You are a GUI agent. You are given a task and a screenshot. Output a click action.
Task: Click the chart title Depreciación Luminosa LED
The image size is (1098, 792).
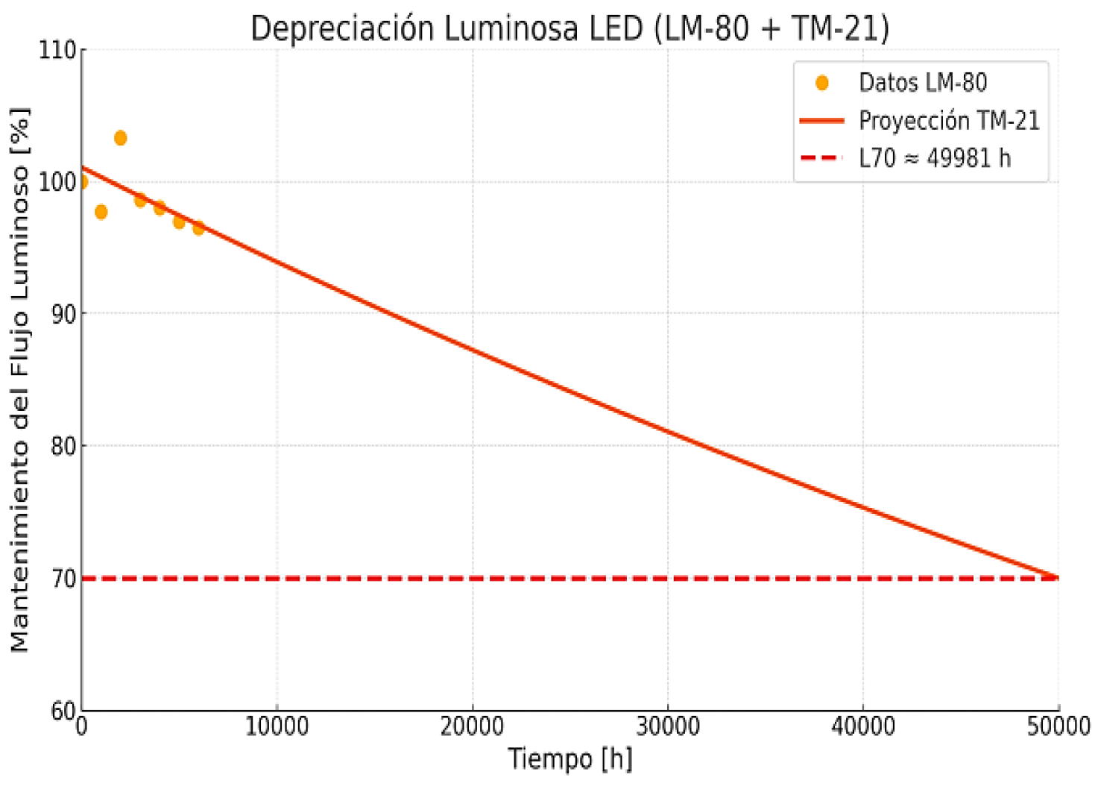coord(569,28)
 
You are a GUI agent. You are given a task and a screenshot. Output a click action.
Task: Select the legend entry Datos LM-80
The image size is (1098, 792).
coord(922,82)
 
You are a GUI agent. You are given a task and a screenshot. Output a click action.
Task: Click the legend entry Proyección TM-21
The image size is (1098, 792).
coord(948,120)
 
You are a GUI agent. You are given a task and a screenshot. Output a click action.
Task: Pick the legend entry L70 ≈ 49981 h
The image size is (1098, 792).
coord(934,158)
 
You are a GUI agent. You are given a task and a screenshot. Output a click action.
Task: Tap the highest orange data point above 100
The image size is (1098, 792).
coord(121,138)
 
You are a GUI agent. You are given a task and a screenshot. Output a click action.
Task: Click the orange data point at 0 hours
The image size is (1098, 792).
coord(82,182)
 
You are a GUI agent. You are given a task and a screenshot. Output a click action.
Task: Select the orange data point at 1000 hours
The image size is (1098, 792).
coord(101,213)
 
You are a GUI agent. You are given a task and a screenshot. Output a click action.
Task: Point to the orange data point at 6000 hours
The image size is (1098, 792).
coord(198,228)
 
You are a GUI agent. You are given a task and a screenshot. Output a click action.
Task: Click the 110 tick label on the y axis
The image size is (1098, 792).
coord(57,50)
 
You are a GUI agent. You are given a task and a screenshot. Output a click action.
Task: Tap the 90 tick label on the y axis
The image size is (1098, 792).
coord(63,314)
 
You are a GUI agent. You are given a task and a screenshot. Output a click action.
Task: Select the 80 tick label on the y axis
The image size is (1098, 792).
coord(63,446)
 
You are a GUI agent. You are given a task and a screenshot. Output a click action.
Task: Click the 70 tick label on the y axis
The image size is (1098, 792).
coord(63,579)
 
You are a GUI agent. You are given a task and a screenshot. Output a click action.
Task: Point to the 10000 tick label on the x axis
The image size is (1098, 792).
coord(277,726)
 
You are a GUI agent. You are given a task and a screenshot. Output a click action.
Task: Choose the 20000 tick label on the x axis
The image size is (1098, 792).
coord(472,726)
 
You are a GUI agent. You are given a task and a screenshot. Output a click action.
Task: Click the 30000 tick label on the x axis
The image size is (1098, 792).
coord(667,726)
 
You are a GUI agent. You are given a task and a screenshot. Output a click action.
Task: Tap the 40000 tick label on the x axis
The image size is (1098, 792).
coord(863,726)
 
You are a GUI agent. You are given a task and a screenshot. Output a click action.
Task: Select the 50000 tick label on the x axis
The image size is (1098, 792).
coord(1058,726)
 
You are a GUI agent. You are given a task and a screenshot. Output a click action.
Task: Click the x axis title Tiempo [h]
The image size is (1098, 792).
coord(570,759)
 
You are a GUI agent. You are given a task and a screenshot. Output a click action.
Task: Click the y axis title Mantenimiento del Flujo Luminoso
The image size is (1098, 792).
coord(20,380)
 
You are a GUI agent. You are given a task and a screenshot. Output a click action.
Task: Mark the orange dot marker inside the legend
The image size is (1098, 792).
coord(822,83)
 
